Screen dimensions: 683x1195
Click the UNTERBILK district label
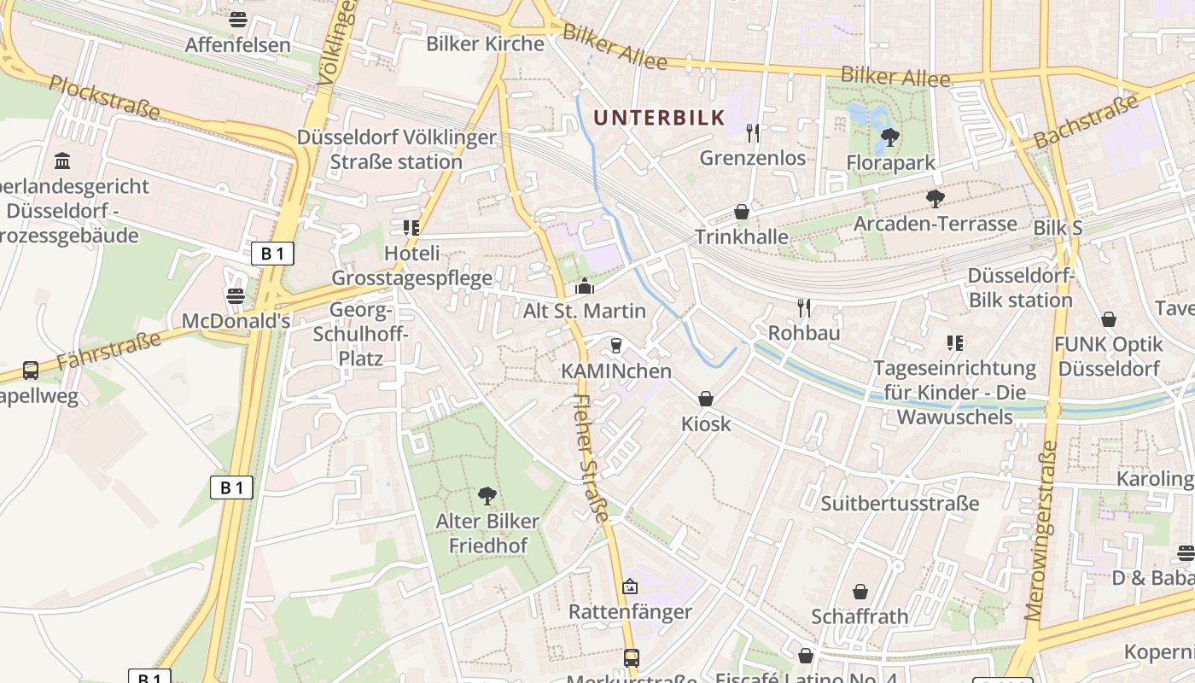tap(659, 118)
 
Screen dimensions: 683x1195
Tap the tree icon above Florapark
tap(889, 137)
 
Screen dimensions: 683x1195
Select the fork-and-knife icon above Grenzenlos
tap(752, 132)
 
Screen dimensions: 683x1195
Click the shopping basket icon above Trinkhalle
tap(742, 212)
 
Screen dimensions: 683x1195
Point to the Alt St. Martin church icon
tap(585, 286)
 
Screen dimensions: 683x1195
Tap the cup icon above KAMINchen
tap(615, 346)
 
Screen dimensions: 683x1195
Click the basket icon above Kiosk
tap(706, 399)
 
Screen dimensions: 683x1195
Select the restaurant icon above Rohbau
tap(803, 307)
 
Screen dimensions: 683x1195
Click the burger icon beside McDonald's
tap(236, 296)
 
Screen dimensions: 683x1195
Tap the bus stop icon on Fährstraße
tap(31, 371)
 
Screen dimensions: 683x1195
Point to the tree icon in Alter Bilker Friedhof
tap(487, 495)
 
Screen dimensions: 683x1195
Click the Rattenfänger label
tap(630, 612)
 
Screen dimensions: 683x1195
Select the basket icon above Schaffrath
tap(860, 592)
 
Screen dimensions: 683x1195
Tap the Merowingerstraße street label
tap(1041, 530)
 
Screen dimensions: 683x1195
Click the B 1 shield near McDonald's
tap(272, 253)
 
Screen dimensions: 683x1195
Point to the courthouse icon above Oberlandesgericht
tap(62, 161)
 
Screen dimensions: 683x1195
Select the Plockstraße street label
tap(105, 96)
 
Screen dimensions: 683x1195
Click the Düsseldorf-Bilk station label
tap(1020, 288)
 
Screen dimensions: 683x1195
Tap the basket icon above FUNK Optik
tap(1108, 319)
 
